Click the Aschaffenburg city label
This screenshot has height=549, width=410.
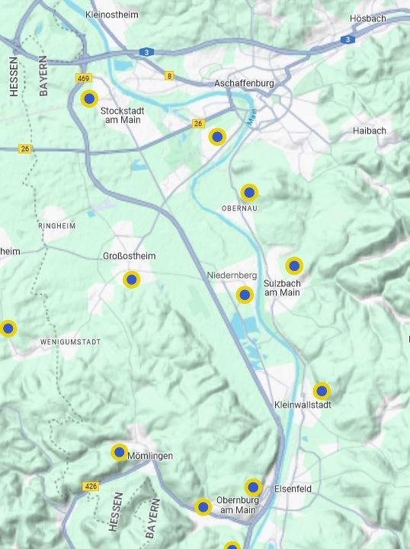pyautogui.click(x=244, y=82)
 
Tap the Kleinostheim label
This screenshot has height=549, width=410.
pyautogui.click(x=112, y=15)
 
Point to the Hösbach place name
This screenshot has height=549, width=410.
pyautogui.click(x=367, y=18)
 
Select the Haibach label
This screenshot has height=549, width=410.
pyautogui.click(x=369, y=131)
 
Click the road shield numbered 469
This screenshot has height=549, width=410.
pyautogui.click(x=84, y=79)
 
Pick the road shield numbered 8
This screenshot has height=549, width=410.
pyautogui.click(x=169, y=76)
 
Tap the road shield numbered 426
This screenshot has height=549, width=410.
pyautogui.click(x=91, y=486)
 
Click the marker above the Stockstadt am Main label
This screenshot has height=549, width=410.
pyautogui.click(x=89, y=98)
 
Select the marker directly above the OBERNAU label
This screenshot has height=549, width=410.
pyautogui.click(x=248, y=192)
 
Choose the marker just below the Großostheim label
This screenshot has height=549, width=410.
pyautogui.click(x=132, y=279)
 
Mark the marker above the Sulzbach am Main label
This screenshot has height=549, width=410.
pyautogui.click(x=294, y=266)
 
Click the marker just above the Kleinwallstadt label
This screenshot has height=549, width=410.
pyautogui.click(x=322, y=391)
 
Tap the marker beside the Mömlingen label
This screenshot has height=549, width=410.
pyautogui.click(x=119, y=452)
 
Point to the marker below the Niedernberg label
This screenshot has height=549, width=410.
pyautogui.click(x=245, y=295)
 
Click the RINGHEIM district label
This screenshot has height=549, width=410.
pyautogui.click(x=56, y=227)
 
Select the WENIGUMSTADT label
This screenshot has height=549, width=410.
pyautogui.click(x=71, y=342)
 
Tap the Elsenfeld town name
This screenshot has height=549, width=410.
pyautogui.click(x=293, y=489)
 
